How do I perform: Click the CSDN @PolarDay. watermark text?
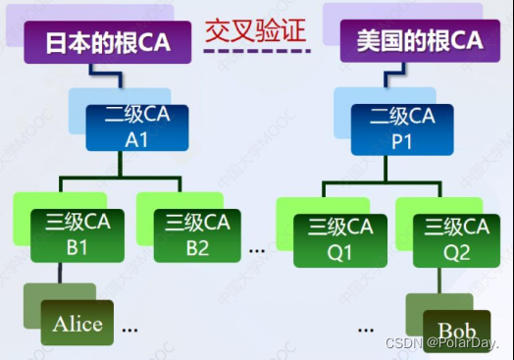[442, 344]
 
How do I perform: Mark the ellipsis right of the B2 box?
[258, 249]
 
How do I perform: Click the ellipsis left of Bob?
[368, 327]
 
